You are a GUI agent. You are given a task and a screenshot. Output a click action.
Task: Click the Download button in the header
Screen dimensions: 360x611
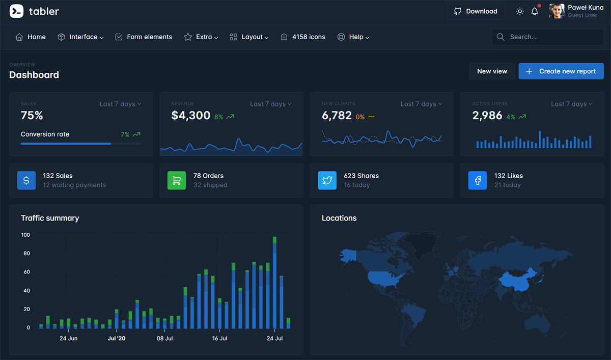(x=476, y=11)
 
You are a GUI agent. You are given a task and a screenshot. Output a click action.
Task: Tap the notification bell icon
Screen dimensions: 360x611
(x=535, y=11)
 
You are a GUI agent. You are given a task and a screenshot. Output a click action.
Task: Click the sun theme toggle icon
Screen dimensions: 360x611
(x=519, y=11)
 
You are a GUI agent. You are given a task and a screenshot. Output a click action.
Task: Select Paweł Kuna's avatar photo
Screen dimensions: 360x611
(x=557, y=11)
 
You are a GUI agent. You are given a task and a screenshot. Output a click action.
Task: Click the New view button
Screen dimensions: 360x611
(x=492, y=71)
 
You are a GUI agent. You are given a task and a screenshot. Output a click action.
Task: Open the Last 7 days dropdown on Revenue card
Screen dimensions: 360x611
(x=270, y=104)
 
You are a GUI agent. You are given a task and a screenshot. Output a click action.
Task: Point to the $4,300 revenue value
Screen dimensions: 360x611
(x=191, y=116)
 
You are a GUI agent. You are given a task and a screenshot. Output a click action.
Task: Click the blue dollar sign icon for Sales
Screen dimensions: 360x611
(x=26, y=180)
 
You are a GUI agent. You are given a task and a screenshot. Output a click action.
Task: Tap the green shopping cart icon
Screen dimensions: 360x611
(x=177, y=180)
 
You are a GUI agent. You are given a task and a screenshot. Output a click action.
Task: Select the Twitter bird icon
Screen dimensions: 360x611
(x=327, y=180)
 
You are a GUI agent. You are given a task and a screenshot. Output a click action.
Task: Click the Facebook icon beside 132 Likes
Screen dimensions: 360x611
(x=478, y=180)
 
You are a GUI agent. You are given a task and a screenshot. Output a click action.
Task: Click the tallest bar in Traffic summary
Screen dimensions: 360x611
(x=275, y=283)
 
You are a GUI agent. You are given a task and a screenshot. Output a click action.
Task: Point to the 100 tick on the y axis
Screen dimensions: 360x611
(x=25, y=235)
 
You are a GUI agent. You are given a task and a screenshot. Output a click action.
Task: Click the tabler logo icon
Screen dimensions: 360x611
(x=17, y=11)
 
